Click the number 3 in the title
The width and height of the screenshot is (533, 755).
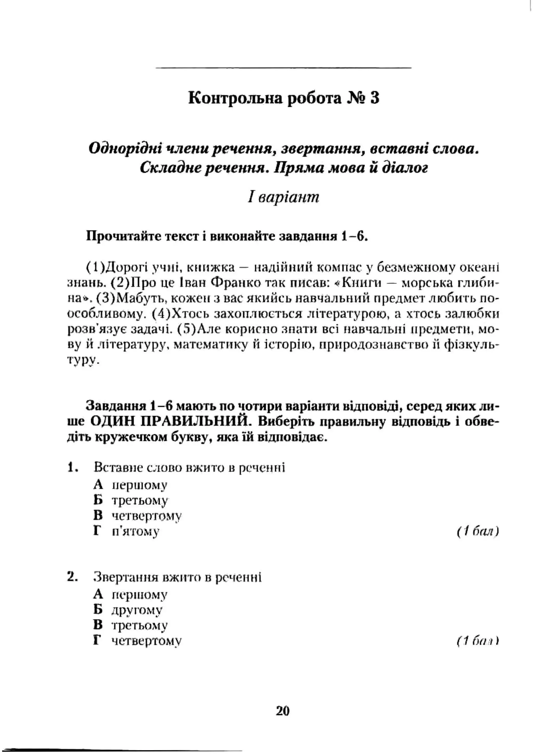375,98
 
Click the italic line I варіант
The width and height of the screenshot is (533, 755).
283,197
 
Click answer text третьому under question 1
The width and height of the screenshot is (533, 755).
140,501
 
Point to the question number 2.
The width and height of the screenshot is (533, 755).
72,577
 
